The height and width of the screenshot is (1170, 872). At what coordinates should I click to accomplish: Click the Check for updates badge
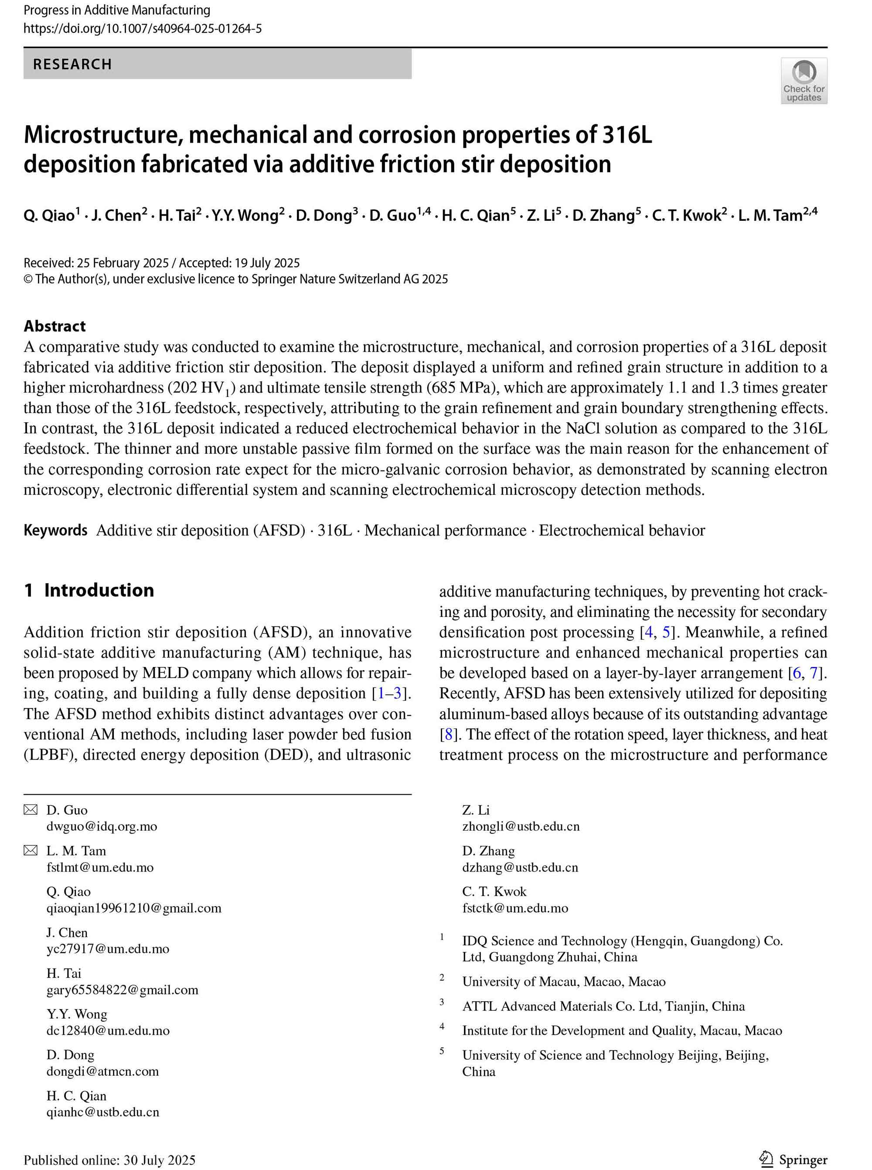point(804,80)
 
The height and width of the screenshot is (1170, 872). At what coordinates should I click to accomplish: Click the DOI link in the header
point(143,28)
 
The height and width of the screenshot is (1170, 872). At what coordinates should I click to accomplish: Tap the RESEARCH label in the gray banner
point(72,65)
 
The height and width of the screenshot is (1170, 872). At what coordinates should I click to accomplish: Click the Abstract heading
point(54,326)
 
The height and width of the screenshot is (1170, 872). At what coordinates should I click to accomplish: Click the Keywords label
point(55,530)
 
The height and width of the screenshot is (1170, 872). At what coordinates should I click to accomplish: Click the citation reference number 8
point(446,735)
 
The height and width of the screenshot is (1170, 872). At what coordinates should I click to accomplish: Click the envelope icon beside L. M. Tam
point(31,850)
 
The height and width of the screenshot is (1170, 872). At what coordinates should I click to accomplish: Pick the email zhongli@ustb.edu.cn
point(521,826)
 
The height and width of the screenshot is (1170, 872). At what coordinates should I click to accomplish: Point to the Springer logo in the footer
point(794,1160)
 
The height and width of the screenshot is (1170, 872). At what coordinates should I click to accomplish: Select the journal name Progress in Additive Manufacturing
point(117,10)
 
